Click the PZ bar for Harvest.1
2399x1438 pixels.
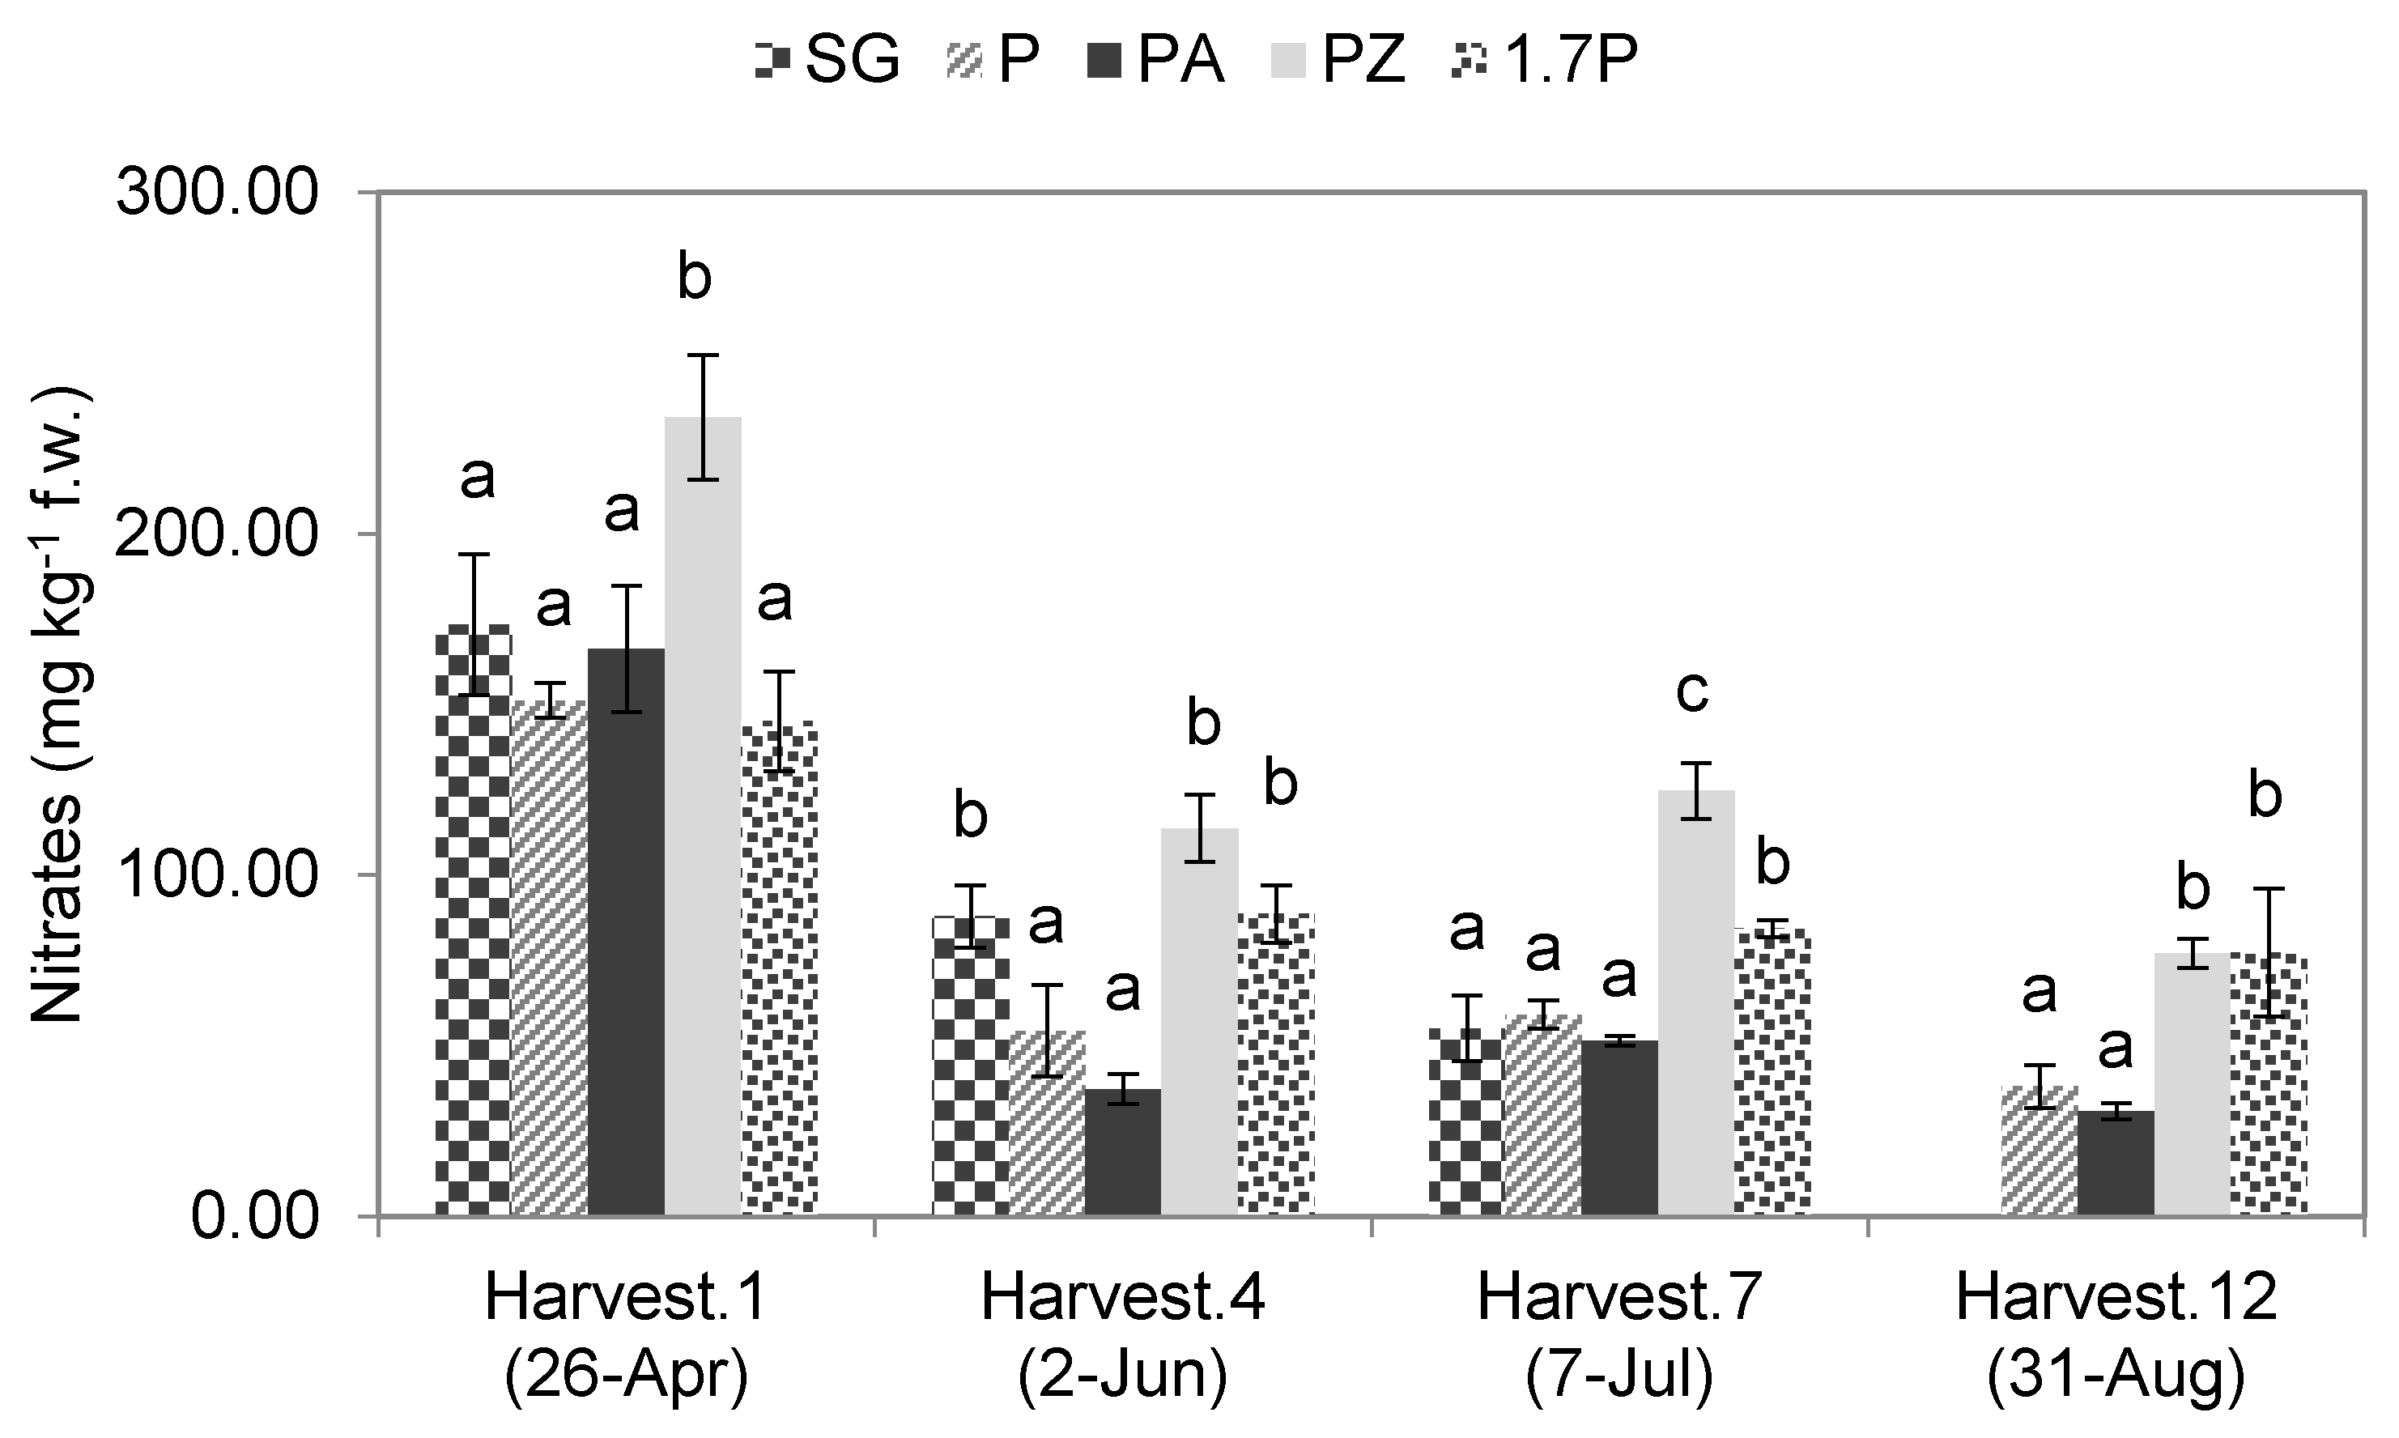tap(703, 814)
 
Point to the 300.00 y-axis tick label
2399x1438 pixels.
tap(217, 193)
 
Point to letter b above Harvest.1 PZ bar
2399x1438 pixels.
tap(695, 277)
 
